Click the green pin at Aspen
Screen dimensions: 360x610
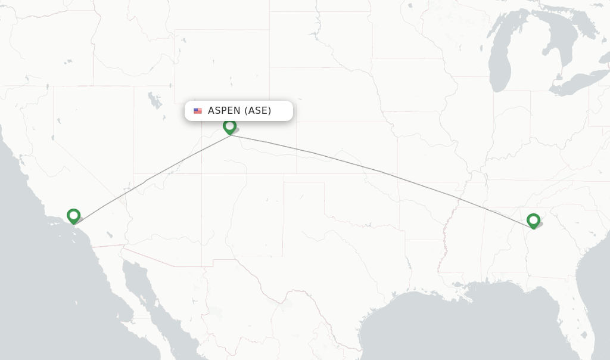coord(229,126)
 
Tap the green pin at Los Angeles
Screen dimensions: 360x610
coord(73,216)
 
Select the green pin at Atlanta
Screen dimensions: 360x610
coord(533,221)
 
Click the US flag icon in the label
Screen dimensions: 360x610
coord(198,111)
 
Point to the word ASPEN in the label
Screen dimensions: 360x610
coord(224,111)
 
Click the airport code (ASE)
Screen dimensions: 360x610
coord(257,111)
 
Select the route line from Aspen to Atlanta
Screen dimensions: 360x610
coord(381,172)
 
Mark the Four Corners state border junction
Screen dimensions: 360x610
coord(201,174)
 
